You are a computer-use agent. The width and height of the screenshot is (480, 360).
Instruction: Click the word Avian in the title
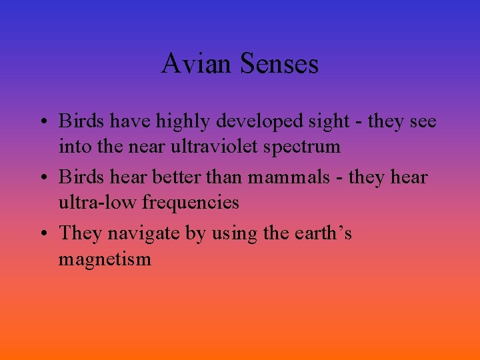[x=198, y=65]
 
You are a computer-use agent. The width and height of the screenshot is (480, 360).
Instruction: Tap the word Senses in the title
[x=279, y=65]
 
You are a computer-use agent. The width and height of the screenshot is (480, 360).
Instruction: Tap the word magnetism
[x=105, y=259]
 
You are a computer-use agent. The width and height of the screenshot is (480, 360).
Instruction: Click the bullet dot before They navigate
[x=43, y=234]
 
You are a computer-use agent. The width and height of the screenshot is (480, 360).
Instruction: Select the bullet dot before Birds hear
[x=43, y=178]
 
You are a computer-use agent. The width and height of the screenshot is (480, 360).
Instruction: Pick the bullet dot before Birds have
[x=43, y=122]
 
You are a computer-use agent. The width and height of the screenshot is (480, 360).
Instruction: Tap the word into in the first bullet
[x=72, y=147]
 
